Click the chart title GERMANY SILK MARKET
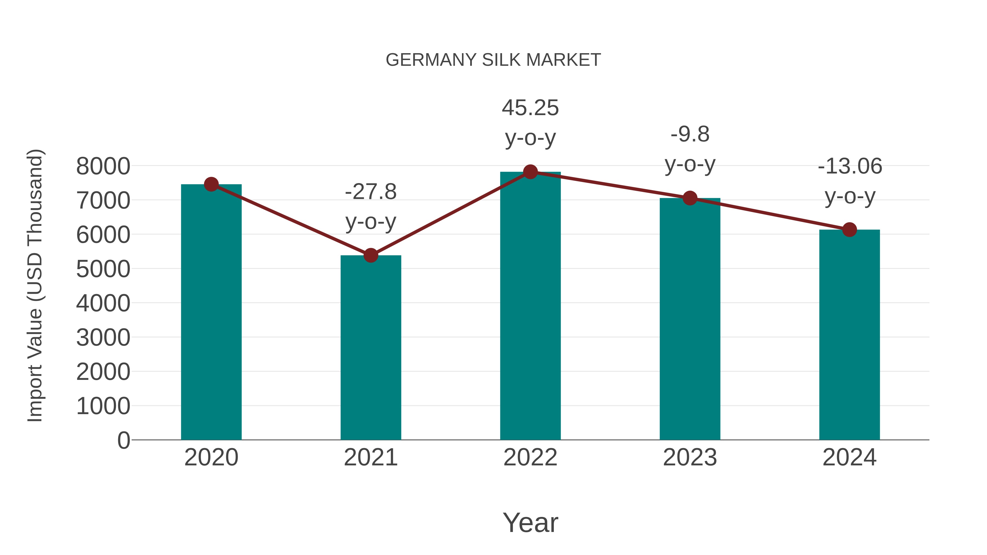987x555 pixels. (493, 60)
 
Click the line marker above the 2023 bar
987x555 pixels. (690, 198)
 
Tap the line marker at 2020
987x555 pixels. (211, 184)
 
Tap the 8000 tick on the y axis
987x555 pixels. (103, 166)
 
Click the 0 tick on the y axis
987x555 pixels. (123, 440)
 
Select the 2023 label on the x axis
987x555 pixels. (690, 457)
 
